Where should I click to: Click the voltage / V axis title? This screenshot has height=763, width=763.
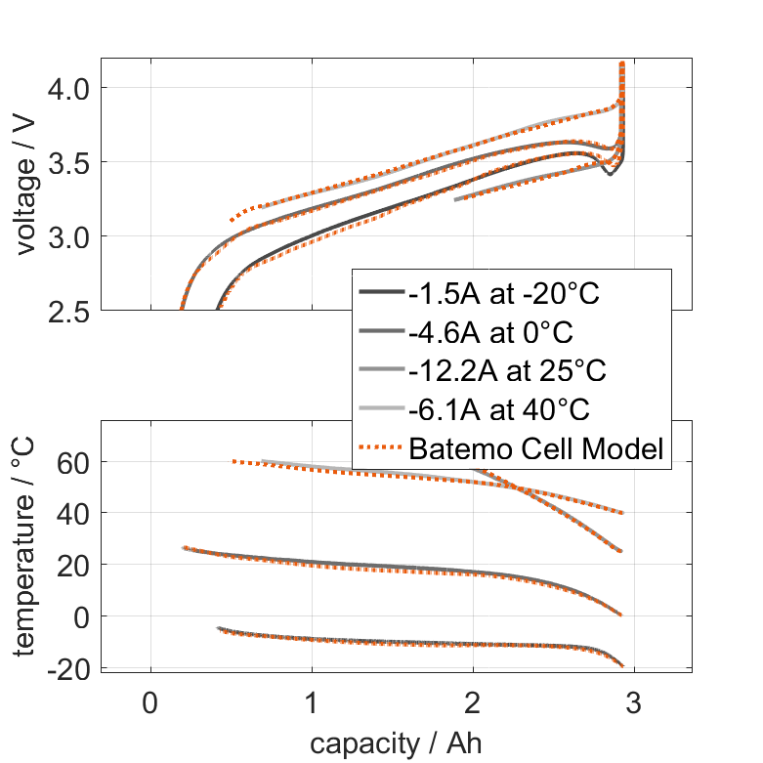[26, 185]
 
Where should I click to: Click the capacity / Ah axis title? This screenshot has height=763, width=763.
[396, 743]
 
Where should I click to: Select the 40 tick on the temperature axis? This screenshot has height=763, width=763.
[74, 513]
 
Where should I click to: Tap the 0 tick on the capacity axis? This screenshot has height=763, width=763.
[150, 703]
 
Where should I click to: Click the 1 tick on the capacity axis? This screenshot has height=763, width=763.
[312, 703]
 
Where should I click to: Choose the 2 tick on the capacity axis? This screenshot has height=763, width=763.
[473, 703]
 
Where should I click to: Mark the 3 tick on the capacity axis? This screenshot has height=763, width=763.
[634, 703]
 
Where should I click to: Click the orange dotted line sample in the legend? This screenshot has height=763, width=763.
[381, 449]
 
